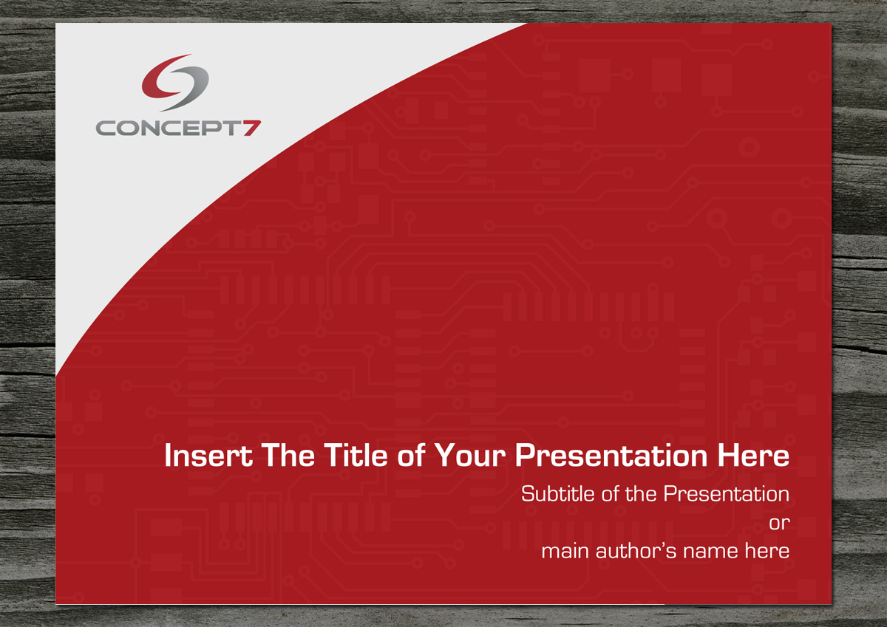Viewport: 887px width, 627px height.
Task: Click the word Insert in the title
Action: [208, 456]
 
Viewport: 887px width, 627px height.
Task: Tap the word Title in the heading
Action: [356, 455]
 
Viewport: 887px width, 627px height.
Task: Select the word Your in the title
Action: [470, 456]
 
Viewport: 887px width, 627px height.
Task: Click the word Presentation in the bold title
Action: [611, 456]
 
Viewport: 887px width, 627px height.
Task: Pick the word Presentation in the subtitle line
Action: [727, 493]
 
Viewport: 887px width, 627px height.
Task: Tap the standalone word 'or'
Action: [780, 524]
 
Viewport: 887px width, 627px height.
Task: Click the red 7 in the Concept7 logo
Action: [252, 129]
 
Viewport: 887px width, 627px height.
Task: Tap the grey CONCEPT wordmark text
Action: [169, 129]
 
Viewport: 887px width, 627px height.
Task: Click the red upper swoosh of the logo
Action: [165, 78]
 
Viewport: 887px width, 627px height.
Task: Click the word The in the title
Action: [288, 456]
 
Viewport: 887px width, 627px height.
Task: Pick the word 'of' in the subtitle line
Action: [611, 493]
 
